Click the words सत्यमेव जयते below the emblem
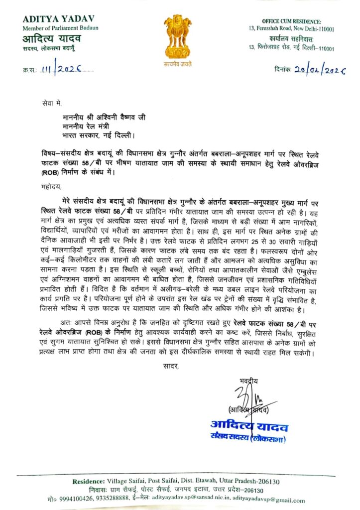click(178, 64)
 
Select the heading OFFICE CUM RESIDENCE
click(292, 21)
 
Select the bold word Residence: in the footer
click(89, 482)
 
